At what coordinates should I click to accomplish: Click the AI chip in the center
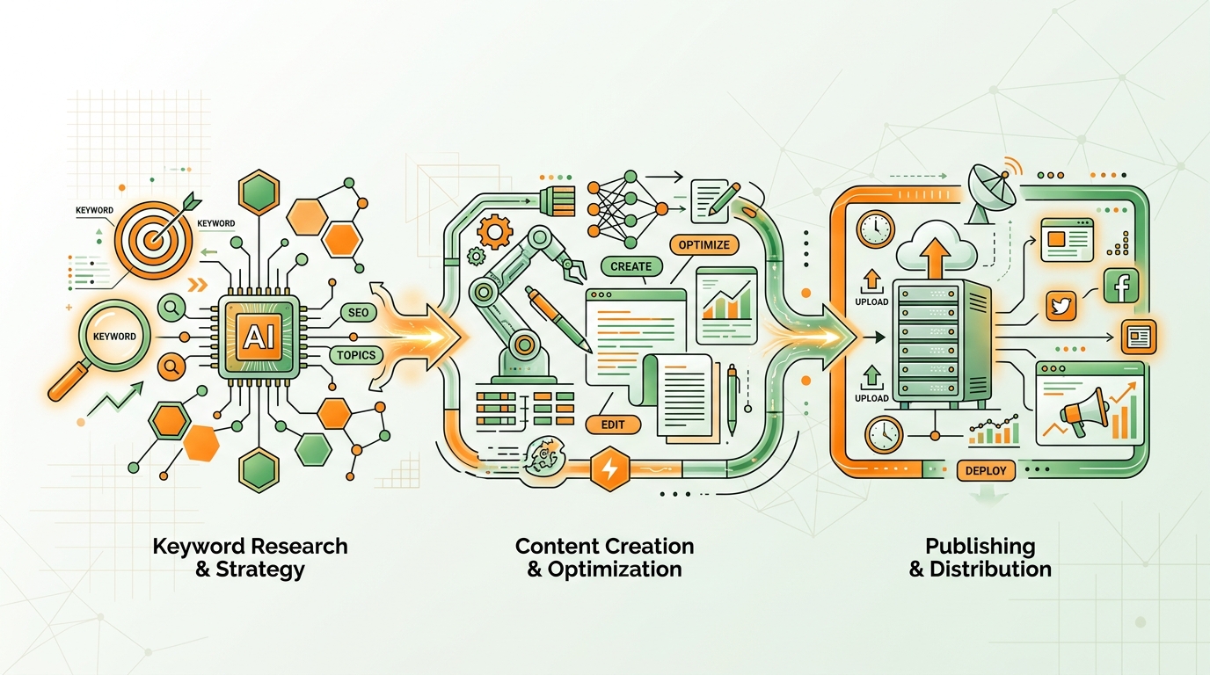point(259,337)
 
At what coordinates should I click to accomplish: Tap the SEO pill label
point(358,313)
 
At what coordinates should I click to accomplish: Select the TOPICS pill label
point(356,355)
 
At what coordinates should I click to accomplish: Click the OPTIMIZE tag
point(703,244)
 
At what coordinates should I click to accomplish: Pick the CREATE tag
point(631,266)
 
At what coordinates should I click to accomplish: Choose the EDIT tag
point(613,425)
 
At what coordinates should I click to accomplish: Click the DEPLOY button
point(986,470)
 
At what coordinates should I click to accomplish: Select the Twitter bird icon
point(1061,306)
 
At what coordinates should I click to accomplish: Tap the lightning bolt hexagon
point(610,468)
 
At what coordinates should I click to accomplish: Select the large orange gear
point(495,232)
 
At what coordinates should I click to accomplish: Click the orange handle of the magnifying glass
point(69,381)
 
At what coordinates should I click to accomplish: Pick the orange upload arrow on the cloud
point(936,258)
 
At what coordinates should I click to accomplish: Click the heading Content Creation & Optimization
point(604,557)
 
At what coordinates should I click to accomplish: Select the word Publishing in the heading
point(980,547)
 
